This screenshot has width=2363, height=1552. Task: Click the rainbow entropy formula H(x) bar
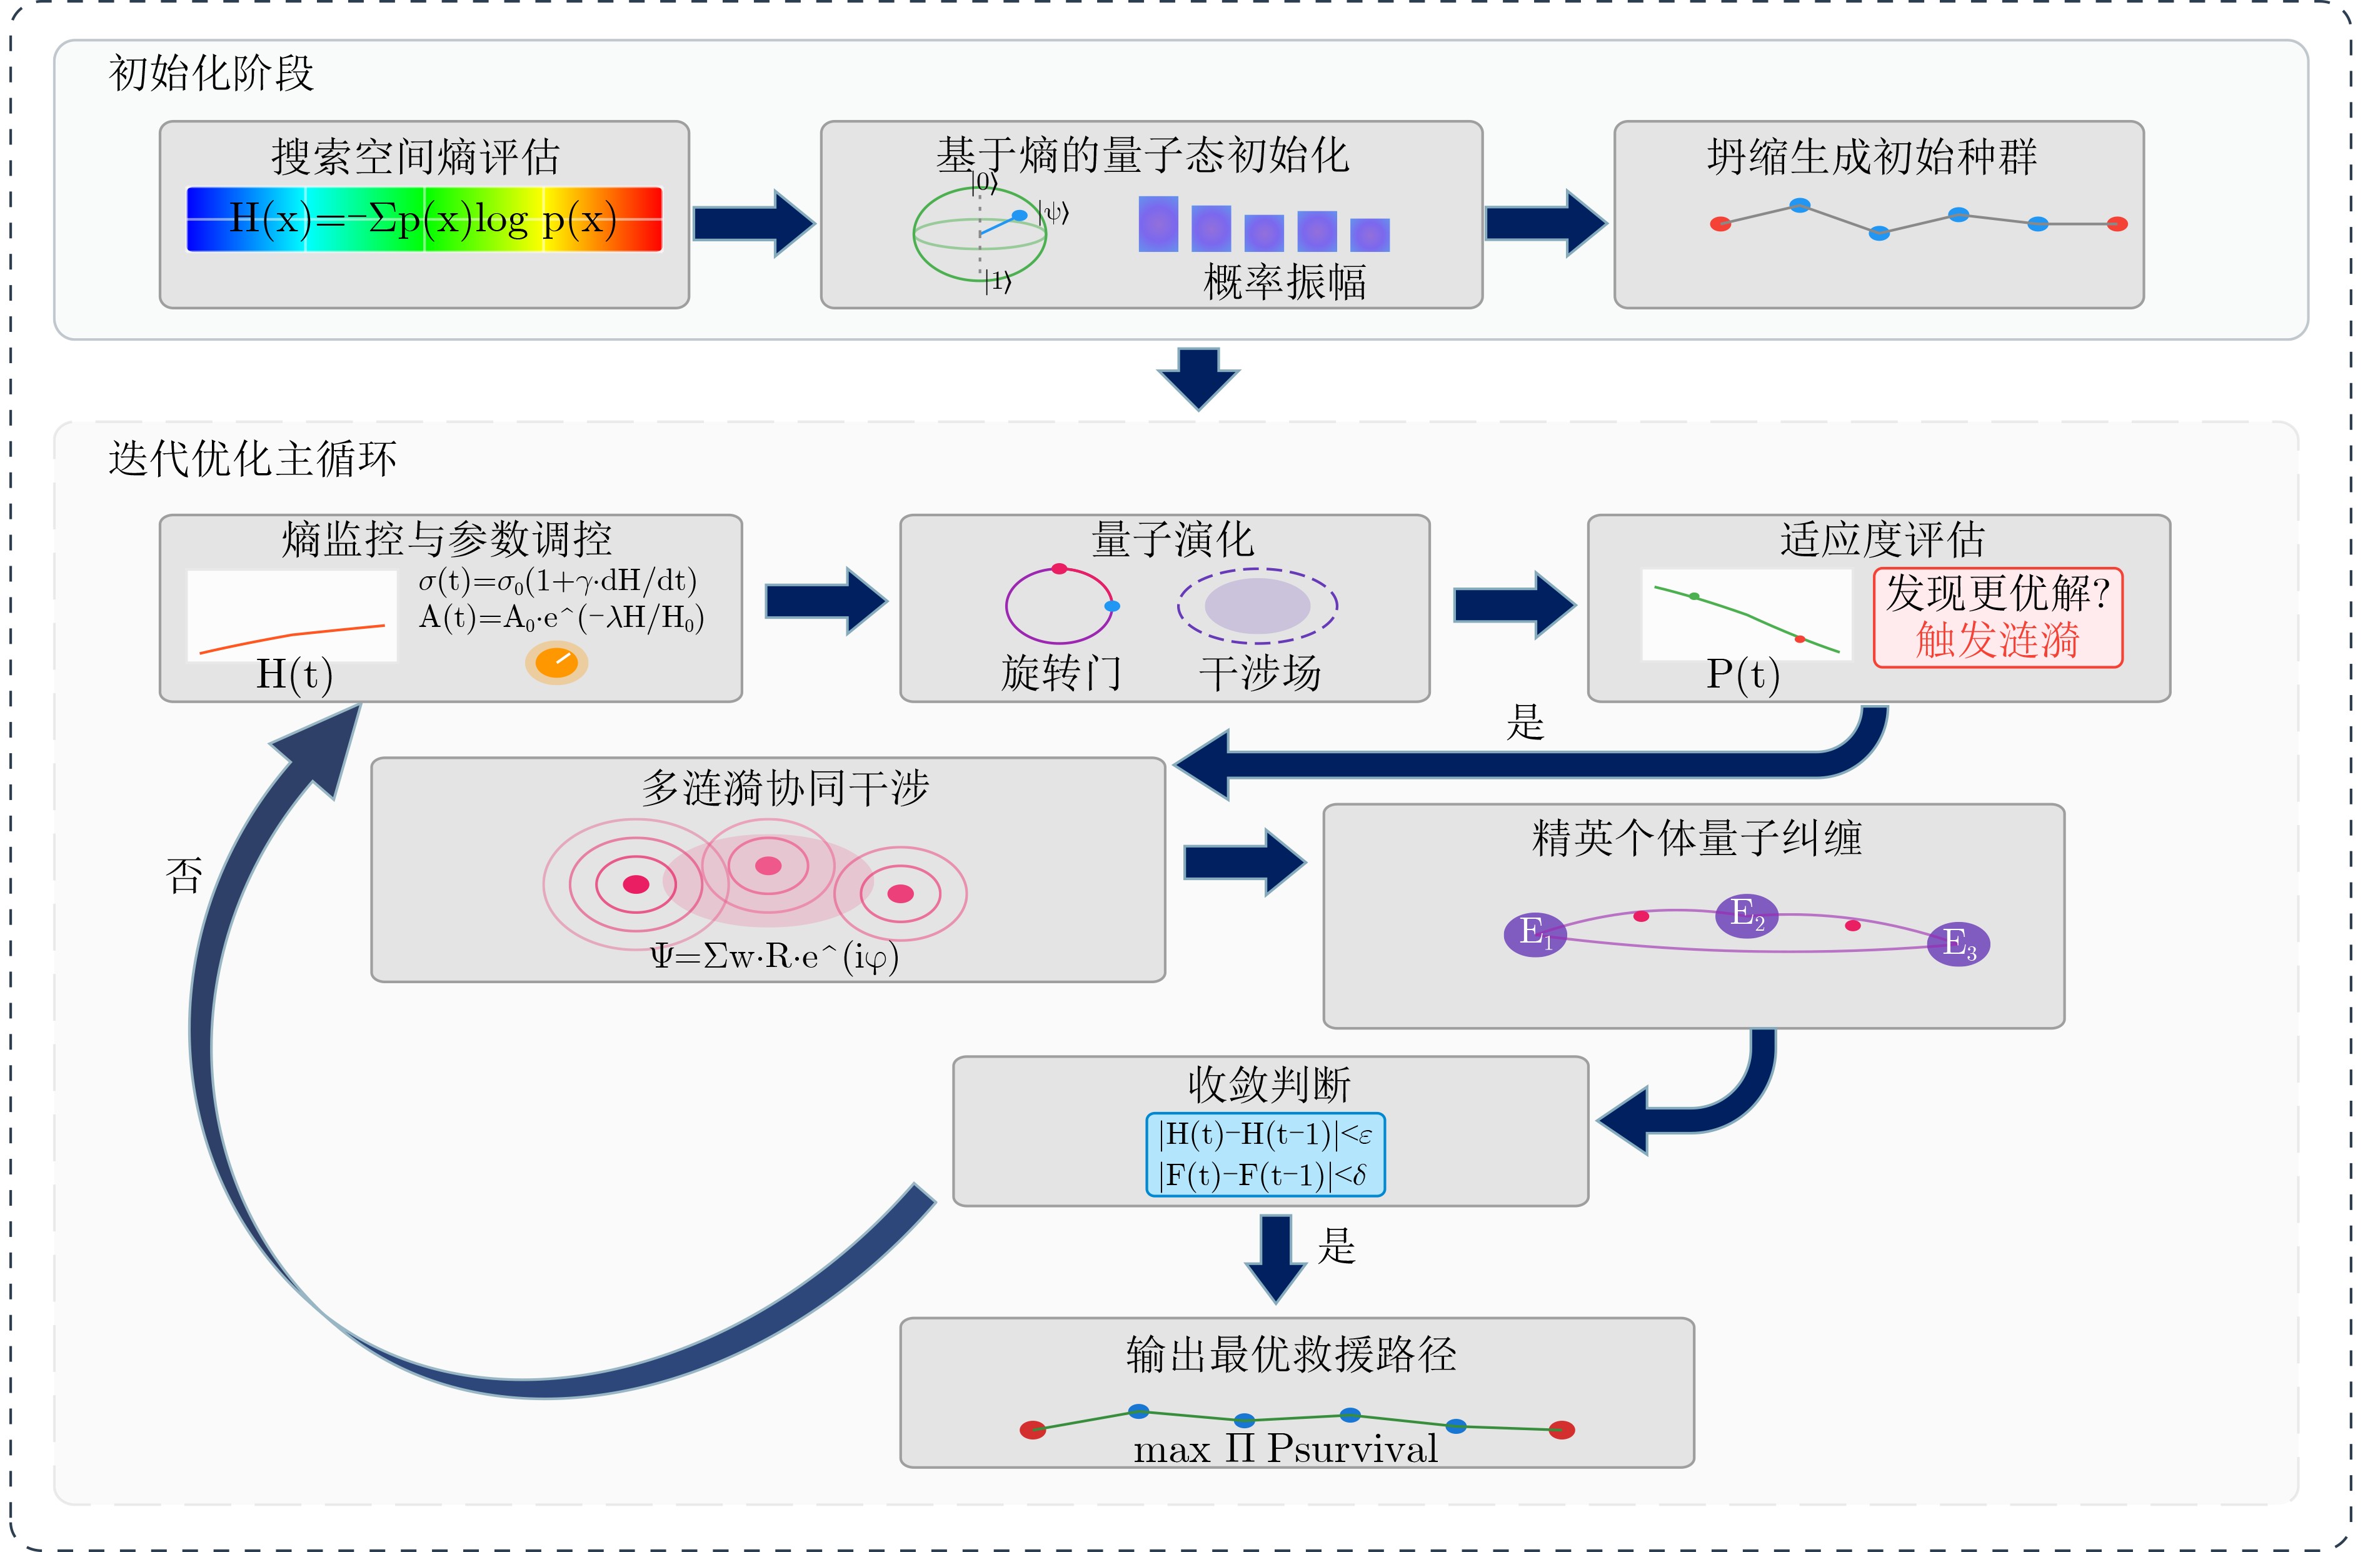tap(424, 218)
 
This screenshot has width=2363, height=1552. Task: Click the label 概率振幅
tap(1284, 282)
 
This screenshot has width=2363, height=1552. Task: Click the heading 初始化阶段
tap(211, 74)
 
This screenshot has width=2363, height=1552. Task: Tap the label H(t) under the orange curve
tap(294, 674)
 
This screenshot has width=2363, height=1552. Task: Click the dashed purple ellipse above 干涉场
tap(1257, 606)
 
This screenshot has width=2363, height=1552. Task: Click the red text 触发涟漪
tap(1997, 639)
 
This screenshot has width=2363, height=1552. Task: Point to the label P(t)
tap(1742, 674)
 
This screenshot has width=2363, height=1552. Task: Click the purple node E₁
tap(1534, 933)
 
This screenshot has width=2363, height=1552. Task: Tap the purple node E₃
tap(1958, 943)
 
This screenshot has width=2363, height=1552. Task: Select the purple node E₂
tap(1747, 914)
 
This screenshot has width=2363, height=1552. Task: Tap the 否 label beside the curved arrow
tap(184, 876)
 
